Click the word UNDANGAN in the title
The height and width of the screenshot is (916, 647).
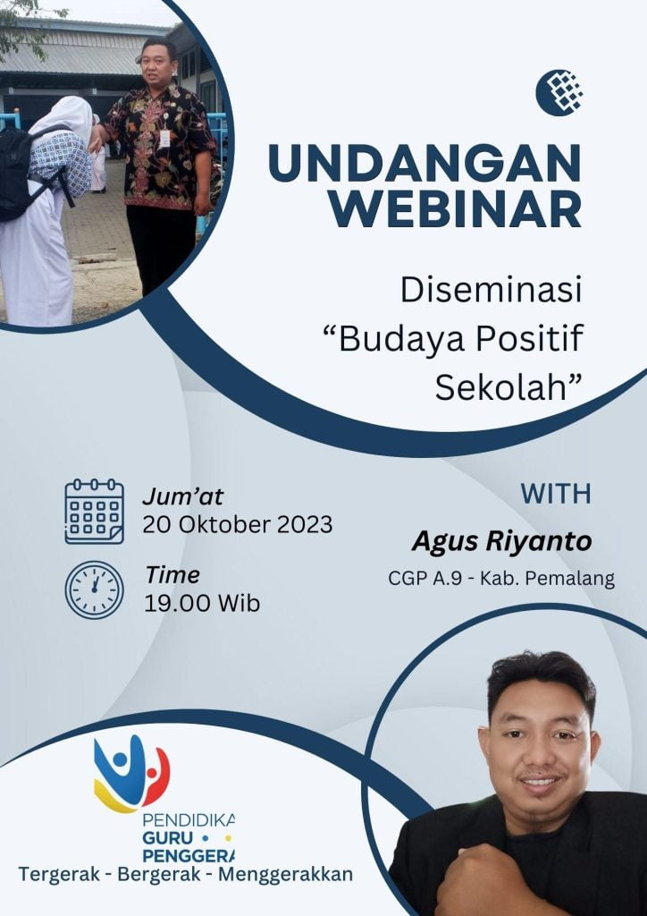(x=424, y=163)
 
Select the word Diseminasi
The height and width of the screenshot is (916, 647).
(x=492, y=291)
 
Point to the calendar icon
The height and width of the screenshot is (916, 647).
(x=94, y=511)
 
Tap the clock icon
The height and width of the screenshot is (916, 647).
(x=94, y=590)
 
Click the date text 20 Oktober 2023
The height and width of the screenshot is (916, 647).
(x=238, y=524)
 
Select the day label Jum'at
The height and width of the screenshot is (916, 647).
(x=182, y=496)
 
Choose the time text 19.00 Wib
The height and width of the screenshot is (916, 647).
(x=202, y=603)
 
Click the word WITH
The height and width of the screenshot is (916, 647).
(x=556, y=494)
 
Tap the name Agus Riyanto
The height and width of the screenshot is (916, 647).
(x=501, y=541)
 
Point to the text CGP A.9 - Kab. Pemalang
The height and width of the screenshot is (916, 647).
(x=501, y=579)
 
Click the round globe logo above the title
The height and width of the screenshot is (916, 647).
(x=559, y=92)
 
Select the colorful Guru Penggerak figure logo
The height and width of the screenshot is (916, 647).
(x=132, y=774)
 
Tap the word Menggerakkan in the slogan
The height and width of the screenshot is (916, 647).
(x=285, y=874)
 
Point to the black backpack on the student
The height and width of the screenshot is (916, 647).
(x=27, y=172)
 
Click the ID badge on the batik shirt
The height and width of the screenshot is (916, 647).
(x=164, y=138)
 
